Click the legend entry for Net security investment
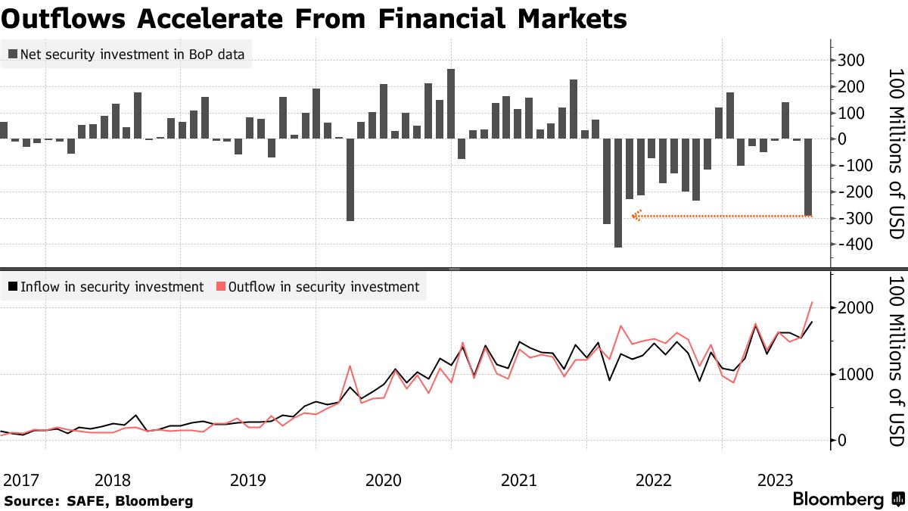(x=128, y=55)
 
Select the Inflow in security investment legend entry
(x=106, y=287)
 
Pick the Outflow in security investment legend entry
(x=317, y=287)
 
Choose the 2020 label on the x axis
(x=384, y=480)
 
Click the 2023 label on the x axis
(x=775, y=480)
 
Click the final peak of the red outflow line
(x=812, y=303)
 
